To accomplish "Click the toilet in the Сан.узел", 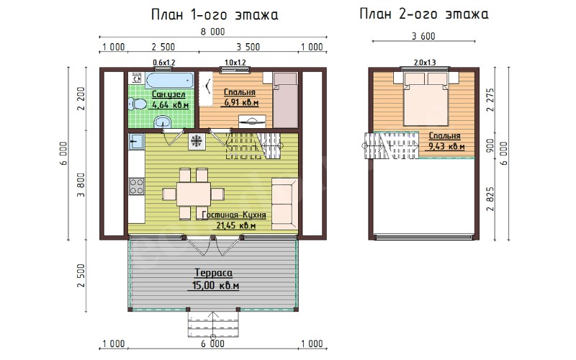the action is tap(136, 103).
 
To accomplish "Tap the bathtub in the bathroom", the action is tap(170, 80).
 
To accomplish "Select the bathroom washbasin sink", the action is tap(161, 122).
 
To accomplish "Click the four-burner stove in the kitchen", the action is tap(136, 186).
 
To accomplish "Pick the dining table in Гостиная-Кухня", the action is tap(194, 194).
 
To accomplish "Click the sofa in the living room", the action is tap(284, 204).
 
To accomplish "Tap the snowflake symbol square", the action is tap(197, 141).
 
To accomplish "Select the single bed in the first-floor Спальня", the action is tap(285, 100).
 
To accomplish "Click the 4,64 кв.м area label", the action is tap(171, 104).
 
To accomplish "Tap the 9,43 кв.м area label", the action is tap(446, 147).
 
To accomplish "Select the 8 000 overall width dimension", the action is tap(212, 32).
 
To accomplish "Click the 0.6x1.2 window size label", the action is tap(164, 63).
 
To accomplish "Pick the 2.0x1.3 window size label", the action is tap(425, 63).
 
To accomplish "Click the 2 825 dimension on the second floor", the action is tap(490, 199).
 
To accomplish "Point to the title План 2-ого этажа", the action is tap(424, 14).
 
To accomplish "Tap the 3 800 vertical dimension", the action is tap(81, 185).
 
